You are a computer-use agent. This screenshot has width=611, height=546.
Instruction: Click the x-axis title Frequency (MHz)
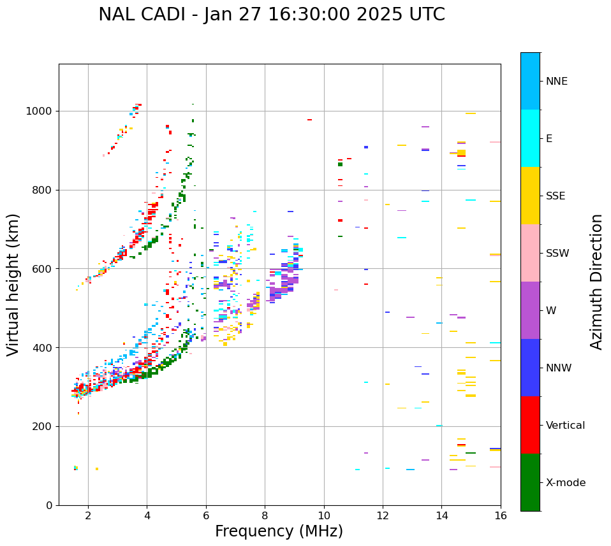pyautogui.click(x=279, y=531)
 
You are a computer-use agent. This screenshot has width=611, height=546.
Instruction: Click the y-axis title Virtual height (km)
pyautogui.click(x=13, y=285)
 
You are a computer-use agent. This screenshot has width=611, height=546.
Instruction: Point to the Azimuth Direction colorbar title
pyautogui.click(x=596, y=282)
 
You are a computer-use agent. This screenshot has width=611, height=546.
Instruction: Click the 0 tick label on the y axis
pyautogui.click(x=48, y=505)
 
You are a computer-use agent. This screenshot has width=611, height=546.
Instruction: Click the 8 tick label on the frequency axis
pyautogui.click(x=265, y=515)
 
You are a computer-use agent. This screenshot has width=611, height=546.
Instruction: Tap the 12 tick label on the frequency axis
pyautogui.click(x=383, y=515)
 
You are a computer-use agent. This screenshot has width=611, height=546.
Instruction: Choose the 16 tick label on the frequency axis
pyautogui.click(x=501, y=515)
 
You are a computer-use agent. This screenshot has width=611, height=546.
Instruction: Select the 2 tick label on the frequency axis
pyautogui.click(x=88, y=515)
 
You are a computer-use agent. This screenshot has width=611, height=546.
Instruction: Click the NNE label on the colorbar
pyautogui.click(x=556, y=82)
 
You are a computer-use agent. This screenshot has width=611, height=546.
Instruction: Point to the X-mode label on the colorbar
pyautogui.click(x=565, y=483)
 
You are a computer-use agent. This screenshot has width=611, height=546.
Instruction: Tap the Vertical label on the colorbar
pyautogui.click(x=565, y=426)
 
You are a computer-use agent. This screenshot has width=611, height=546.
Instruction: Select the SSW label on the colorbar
pyautogui.click(x=557, y=254)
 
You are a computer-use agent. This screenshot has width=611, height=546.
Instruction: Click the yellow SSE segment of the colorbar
pyautogui.click(x=530, y=196)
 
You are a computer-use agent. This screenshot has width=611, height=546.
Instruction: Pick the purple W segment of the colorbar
pyautogui.click(x=530, y=310)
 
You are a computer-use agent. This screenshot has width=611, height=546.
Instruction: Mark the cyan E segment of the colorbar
pyautogui.click(x=530, y=138)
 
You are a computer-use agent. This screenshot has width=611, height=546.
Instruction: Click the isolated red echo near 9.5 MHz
pyautogui.click(x=309, y=120)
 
